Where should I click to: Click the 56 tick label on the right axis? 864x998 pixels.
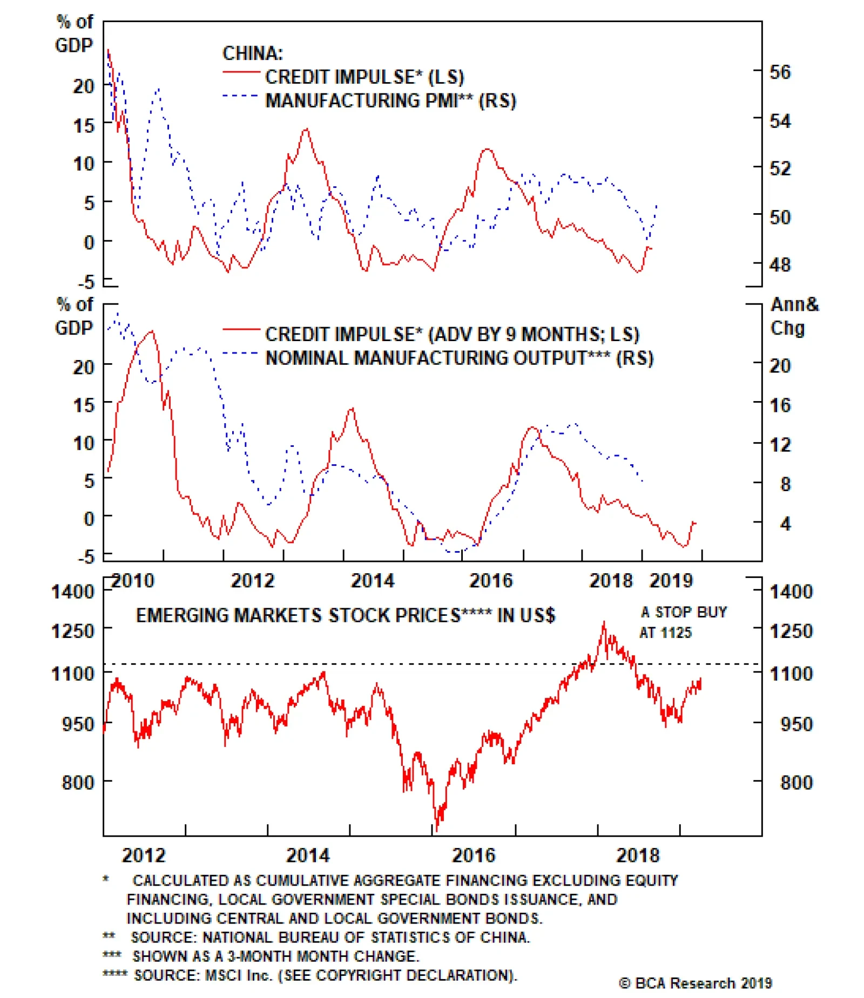click(779, 72)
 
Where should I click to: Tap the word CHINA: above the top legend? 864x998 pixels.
click(252, 53)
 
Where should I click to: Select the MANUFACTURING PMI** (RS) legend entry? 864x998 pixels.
click(390, 101)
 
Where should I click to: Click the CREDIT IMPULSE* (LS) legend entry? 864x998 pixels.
click(364, 77)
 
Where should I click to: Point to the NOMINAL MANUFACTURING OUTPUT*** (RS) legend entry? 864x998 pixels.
click(459, 358)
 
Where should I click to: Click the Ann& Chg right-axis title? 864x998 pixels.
click(793, 316)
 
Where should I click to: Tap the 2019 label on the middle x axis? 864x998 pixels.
click(671, 581)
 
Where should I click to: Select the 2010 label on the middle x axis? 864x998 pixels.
click(133, 581)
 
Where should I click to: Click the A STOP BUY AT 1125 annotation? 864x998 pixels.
click(683, 622)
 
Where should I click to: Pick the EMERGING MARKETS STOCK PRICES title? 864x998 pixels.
click(345, 615)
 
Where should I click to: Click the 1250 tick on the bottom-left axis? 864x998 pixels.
click(73, 631)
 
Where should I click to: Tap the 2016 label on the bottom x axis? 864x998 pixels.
click(473, 855)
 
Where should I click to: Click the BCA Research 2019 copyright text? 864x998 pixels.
click(696, 983)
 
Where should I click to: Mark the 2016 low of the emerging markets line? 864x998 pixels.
click(436, 830)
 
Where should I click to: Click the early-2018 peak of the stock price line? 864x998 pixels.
click(604, 622)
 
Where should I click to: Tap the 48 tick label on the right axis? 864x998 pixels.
click(779, 265)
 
